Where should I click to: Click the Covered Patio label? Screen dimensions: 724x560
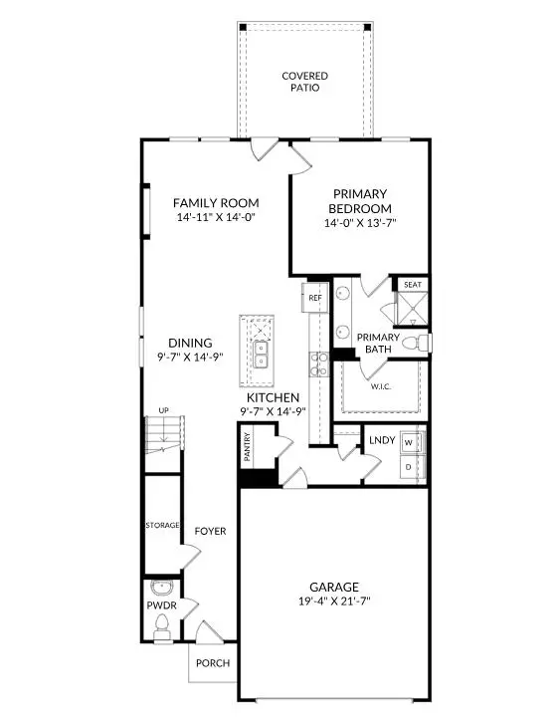tap(304, 83)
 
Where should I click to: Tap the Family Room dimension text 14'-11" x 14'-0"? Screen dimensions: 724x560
tap(216, 217)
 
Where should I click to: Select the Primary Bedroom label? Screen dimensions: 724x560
tap(360, 200)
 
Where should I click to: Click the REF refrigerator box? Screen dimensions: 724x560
tap(315, 297)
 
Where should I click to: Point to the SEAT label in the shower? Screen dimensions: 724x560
tap(413, 285)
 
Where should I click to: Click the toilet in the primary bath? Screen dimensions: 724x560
tap(423, 343)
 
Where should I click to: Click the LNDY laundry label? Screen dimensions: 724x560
tap(382, 439)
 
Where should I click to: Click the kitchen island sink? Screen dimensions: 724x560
tap(261, 354)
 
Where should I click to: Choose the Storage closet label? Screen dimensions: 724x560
tap(162, 525)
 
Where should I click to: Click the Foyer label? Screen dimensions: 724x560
tap(210, 531)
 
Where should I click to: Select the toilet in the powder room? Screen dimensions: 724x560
tap(162, 623)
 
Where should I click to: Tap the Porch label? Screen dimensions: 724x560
tap(212, 664)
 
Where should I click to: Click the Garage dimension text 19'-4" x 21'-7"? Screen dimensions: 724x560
tap(333, 602)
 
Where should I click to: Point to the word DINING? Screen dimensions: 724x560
tap(189, 343)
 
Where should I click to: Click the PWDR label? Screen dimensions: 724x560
tap(162, 603)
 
